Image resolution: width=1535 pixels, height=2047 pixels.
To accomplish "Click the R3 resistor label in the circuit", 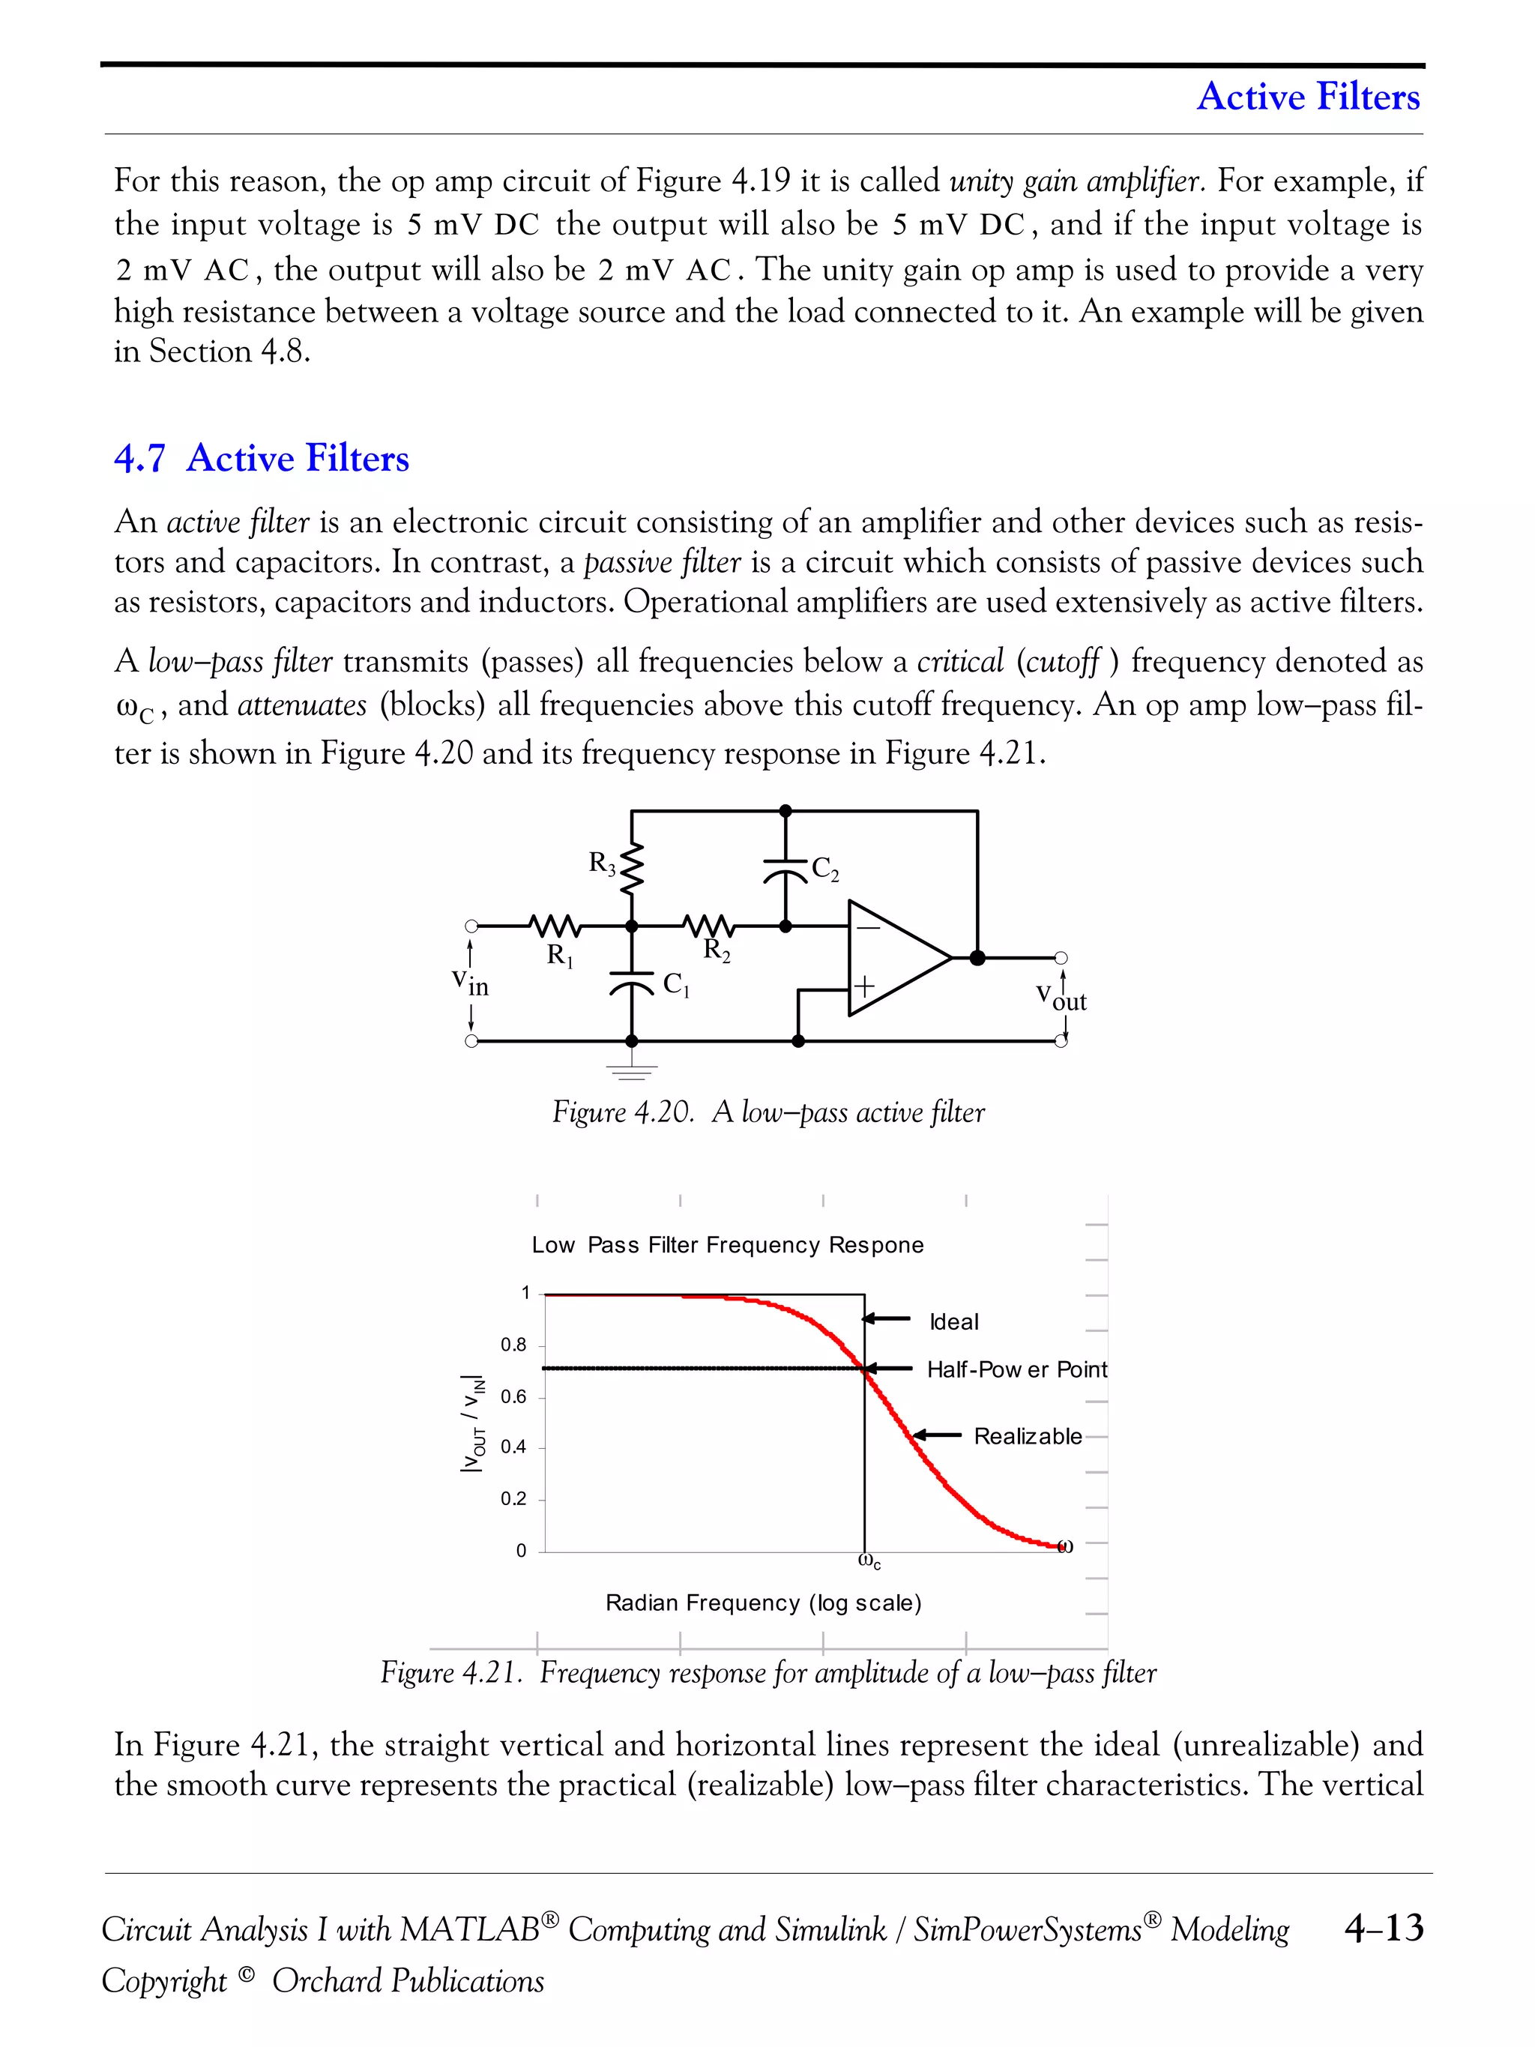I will pos(603,864).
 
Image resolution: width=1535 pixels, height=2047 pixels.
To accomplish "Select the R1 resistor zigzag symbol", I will pos(555,924).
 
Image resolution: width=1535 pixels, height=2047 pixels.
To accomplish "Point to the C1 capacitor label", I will pos(676,985).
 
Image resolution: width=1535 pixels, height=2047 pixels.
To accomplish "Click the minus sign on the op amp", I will pos(868,926).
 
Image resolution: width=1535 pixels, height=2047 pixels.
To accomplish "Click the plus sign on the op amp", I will pos(863,986).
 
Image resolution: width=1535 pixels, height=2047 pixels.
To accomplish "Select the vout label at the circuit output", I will pos(1061,998).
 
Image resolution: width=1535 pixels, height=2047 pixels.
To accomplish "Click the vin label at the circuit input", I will pos(470,983).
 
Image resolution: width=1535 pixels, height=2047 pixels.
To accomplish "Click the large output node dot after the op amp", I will pos(977,958).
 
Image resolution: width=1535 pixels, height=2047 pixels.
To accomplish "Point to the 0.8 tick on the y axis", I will pos(513,1345).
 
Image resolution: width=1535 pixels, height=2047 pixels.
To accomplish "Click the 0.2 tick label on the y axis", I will pos(513,1498).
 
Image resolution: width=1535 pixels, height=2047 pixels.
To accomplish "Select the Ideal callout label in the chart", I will pos(954,1321).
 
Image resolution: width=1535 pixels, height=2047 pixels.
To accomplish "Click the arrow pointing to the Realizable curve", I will pos(938,1435).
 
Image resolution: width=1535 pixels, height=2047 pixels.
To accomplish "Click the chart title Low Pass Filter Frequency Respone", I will pos(727,1245).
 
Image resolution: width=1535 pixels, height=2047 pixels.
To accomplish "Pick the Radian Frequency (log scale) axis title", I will pos(763,1603).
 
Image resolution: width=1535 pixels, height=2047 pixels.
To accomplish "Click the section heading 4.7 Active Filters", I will pos(262,458).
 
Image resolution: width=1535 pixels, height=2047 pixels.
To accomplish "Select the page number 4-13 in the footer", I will pos(1384,1929).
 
